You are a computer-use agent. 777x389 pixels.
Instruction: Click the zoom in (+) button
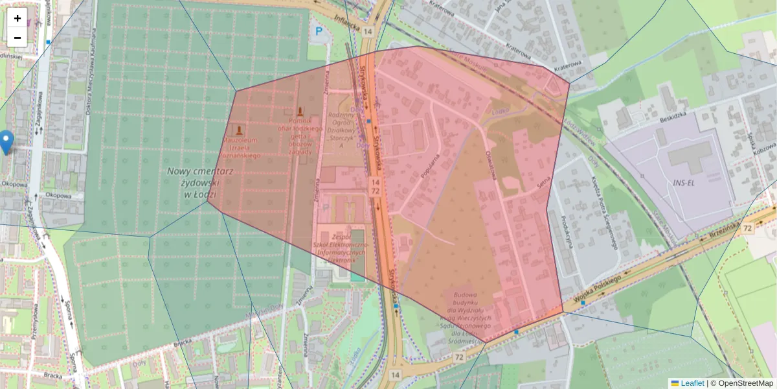pos(17,18)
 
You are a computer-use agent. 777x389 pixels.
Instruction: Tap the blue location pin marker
pos(6,141)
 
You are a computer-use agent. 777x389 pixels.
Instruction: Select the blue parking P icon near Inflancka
pos(318,30)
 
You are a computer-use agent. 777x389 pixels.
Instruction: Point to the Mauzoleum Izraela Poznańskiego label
pos(242,148)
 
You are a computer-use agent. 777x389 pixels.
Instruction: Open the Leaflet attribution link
pos(692,383)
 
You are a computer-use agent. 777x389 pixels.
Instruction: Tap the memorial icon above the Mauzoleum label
pos(240,130)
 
